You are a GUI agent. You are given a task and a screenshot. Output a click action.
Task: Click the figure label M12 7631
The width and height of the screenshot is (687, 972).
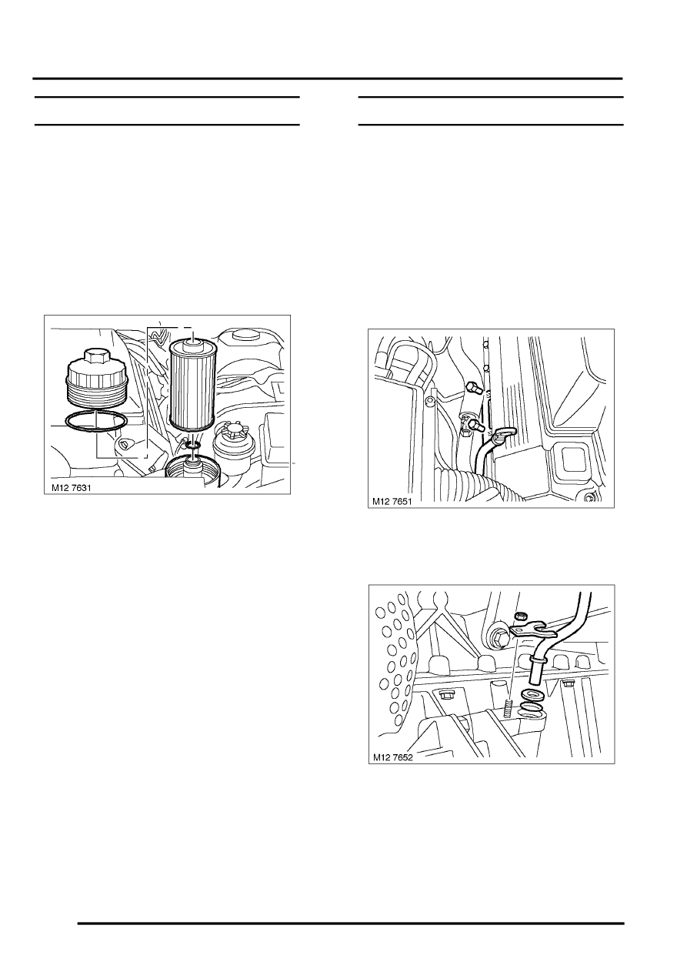coord(71,488)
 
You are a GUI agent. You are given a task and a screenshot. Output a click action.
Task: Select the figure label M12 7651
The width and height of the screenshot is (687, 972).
coord(392,502)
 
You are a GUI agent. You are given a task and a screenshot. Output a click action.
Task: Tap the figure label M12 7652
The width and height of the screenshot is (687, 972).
coord(393,757)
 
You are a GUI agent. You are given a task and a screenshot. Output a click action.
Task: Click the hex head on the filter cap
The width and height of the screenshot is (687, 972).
coord(95,355)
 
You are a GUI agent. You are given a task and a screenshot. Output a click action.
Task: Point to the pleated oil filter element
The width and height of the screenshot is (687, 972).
coord(192,383)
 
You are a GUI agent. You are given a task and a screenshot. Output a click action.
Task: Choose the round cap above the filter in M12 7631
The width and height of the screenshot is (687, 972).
coord(246,336)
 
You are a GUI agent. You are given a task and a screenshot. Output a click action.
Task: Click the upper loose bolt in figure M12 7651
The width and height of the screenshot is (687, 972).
coord(473,388)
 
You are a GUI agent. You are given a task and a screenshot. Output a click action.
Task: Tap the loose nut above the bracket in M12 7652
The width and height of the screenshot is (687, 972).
coord(520,616)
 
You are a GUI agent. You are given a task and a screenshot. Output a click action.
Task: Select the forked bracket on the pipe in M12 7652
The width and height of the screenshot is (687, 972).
coord(532,631)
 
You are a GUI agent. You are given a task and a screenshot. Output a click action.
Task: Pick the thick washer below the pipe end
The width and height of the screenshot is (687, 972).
coord(532,693)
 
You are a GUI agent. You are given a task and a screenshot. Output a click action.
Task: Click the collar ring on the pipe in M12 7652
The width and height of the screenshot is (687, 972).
coord(539,661)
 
